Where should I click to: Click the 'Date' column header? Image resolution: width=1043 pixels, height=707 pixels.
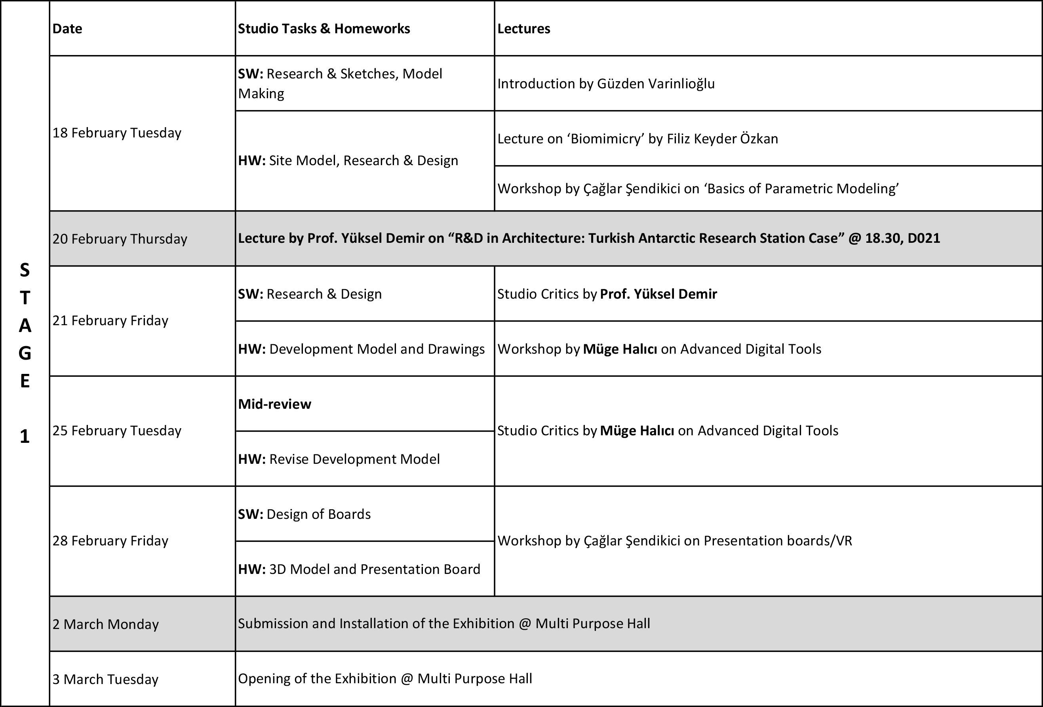click(67, 29)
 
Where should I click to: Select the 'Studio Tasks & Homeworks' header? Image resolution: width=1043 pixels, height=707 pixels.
click(324, 29)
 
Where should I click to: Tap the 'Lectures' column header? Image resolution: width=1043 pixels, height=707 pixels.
click(523, 29)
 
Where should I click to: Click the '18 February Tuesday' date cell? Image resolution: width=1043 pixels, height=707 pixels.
click(117, 133)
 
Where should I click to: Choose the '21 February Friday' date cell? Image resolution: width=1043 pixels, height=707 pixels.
click(110, 320)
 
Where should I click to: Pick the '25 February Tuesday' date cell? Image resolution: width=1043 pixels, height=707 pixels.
click(117, 431)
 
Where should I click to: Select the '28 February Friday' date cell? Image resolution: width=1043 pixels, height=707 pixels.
click(110, 541)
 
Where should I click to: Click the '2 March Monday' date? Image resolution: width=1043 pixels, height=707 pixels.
click(105, 624)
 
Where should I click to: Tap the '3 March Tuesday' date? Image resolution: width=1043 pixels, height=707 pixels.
click(105, 679)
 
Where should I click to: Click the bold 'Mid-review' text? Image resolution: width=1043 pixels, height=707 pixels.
click(275, 404)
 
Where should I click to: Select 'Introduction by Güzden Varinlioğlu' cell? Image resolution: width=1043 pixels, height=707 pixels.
click(606, 84)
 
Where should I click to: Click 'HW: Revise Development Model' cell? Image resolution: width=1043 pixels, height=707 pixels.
click(339, 459)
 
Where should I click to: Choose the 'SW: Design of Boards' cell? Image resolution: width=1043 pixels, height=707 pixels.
click(304, 514)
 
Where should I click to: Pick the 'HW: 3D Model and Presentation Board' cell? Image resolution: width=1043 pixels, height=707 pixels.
click(359, 569)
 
